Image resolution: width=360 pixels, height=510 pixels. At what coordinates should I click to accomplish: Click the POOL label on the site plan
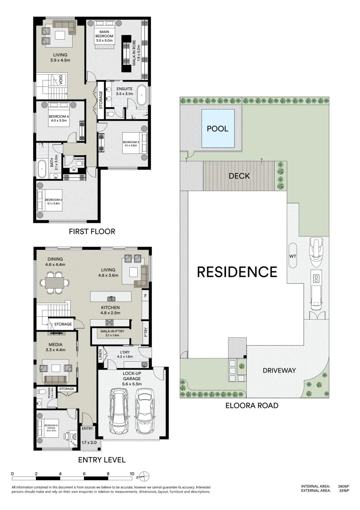tap(217, 128)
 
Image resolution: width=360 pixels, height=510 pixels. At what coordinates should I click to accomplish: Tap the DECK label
tap(239, 176)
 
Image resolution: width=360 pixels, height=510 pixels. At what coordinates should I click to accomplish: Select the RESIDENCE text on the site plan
tap(236, 272)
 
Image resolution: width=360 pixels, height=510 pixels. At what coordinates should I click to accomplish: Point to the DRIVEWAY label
tap(279, 370)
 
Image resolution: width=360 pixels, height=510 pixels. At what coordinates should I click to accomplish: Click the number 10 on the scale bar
tap(132, 474)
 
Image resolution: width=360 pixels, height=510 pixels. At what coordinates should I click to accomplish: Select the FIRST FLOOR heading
tap(92, 231)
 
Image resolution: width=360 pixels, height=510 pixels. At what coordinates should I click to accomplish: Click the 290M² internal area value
tap(343, 486)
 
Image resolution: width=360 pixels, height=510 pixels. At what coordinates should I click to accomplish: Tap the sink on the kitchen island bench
tap(112, 298)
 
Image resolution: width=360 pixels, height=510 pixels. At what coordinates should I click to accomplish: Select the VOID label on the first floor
tap(60, 81)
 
